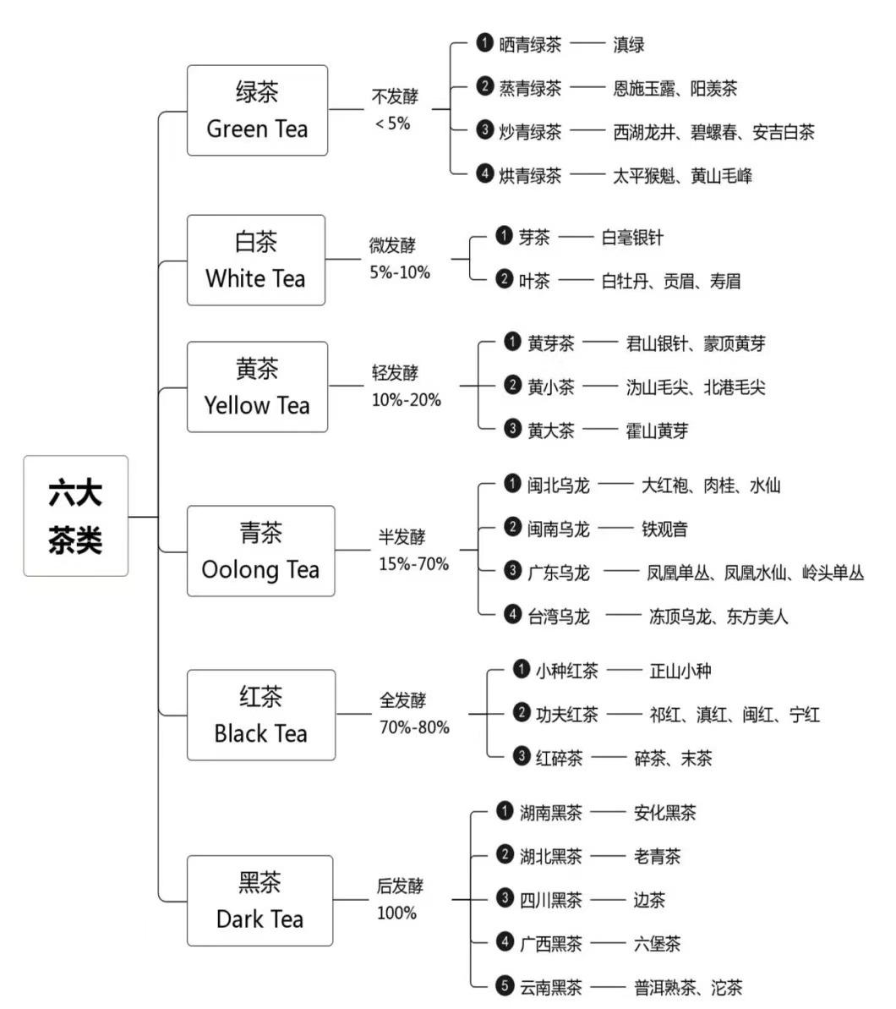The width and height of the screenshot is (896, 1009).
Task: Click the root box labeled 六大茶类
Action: (x=75, y=516)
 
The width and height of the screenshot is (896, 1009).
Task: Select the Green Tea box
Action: (x=257, y=111)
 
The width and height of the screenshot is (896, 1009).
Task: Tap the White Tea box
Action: (x=256, y=260)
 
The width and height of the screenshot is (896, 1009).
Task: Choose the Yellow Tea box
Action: (x=257, y=387)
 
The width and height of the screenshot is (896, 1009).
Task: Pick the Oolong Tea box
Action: (x=260, y=551)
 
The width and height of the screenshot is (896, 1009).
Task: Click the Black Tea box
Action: (x=260, y=716)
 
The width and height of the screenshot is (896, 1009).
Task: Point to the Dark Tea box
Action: (x=260, y=901)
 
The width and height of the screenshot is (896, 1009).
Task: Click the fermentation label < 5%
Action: (x=392, y=123)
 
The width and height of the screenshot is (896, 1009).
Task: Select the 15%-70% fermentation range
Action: (x=413, y=563)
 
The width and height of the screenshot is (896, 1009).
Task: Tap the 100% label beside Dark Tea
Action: (x=396, y=913)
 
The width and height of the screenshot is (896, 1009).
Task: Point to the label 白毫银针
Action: (x=631, y=238)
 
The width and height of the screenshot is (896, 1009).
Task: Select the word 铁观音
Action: (x=664, y=529)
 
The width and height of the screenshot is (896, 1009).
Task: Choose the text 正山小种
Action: (x=680, y=672)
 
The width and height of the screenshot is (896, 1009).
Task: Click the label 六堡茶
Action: (x=657, y=943)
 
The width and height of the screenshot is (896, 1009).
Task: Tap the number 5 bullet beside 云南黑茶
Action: (x=505, y=984)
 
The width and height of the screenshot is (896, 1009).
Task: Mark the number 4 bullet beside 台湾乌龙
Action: (x=512, y=615)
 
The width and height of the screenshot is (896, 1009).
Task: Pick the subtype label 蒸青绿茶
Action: (x=530, y=88)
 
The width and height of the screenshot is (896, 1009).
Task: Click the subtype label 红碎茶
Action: (x=559, y=758)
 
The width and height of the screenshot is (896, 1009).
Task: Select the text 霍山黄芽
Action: (x=657, y=430)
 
